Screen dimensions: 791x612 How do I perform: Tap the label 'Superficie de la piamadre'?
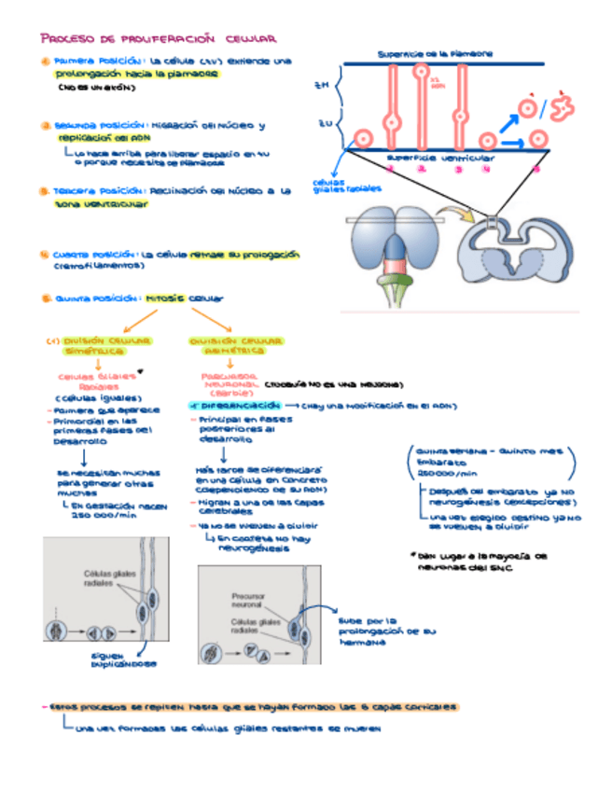coord(436,53)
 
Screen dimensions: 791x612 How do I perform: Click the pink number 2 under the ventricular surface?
coord(422,169)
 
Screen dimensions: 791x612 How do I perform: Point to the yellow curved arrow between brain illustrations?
coord(460,217)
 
